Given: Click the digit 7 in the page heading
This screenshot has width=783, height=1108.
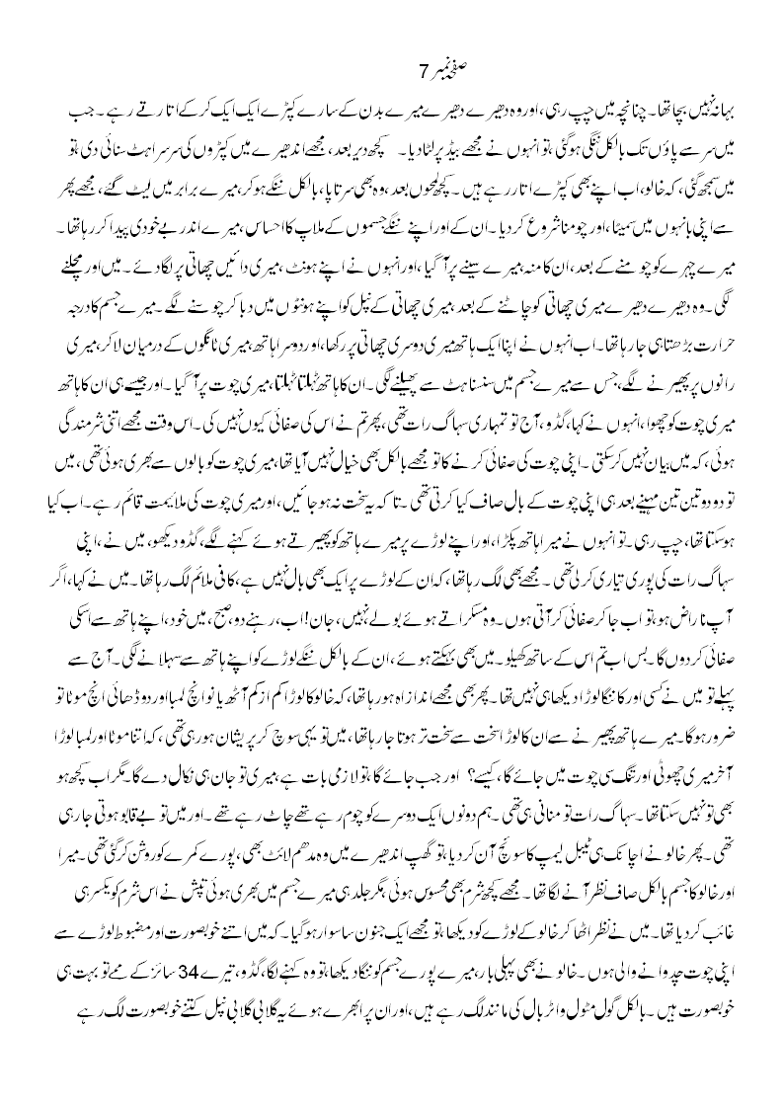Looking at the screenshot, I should (422, 71).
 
